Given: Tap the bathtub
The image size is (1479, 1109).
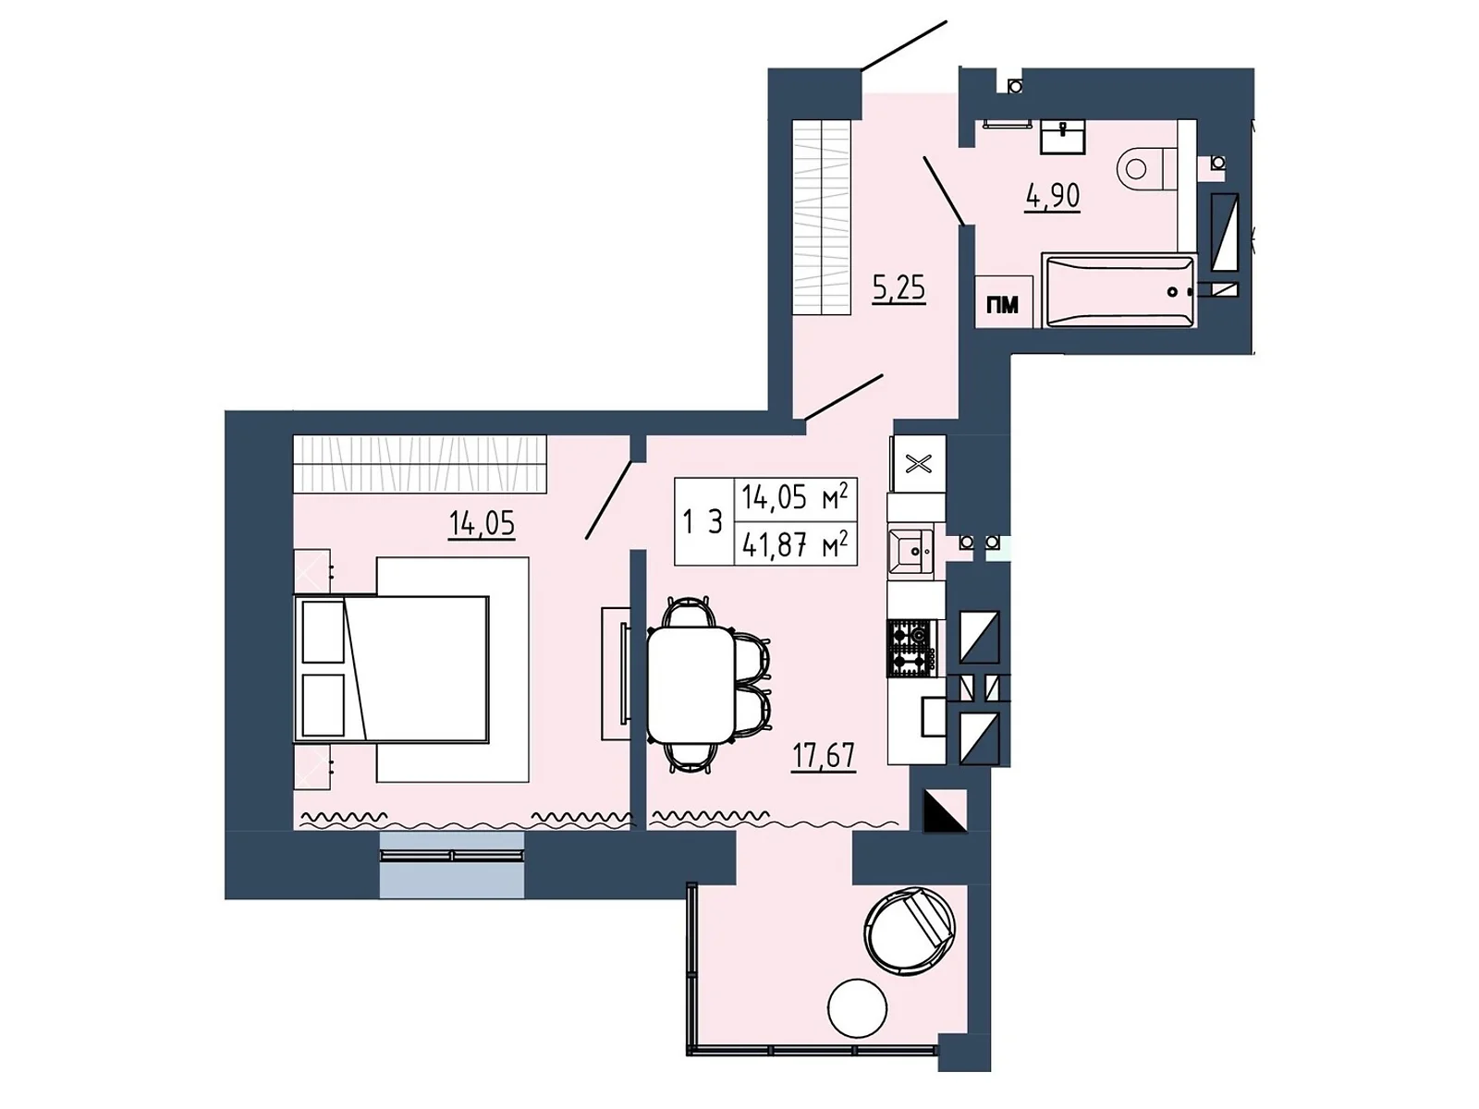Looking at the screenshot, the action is (1119, 291).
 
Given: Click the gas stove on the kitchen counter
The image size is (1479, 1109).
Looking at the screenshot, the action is (911, 649).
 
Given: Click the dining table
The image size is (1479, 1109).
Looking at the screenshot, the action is (691, 684).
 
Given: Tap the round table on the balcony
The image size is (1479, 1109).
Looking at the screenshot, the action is (857, 1008).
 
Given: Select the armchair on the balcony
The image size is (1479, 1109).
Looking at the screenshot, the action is (911, 929).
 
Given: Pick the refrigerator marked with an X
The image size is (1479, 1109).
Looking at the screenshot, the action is (918, 464).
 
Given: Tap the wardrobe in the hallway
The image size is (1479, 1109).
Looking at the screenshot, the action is (823, 217).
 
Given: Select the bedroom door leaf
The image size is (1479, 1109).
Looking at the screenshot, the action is (609, 500).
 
